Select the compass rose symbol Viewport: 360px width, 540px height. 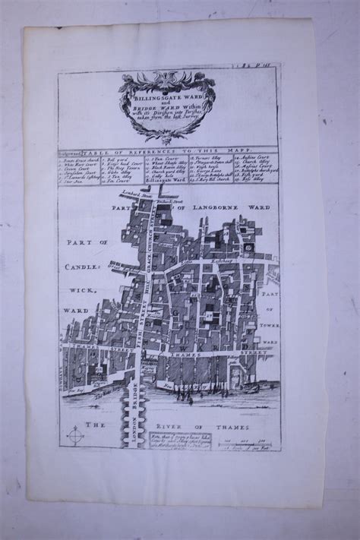point(75,436)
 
